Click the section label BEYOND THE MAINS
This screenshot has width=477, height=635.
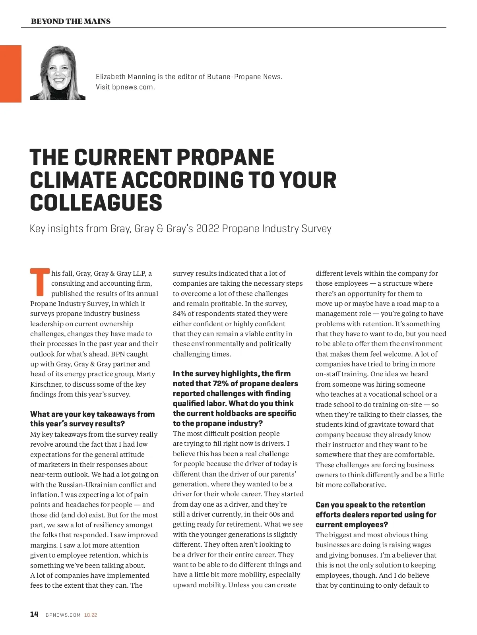pos(71,21)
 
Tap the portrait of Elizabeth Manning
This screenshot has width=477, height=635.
pos(58,73)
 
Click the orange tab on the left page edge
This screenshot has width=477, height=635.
pos(11,74)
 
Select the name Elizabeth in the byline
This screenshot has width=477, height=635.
pos(109,77)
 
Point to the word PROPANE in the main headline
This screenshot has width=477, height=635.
pos(225,157)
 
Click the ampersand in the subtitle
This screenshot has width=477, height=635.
pos(160,229)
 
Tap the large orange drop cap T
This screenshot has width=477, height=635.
pos(39,282)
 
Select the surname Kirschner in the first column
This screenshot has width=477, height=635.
pos(46,384)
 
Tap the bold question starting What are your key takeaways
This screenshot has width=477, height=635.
pos(92,419)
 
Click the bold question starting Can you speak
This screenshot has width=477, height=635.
pos(376,515)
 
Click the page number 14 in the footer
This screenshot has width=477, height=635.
pos(35,614)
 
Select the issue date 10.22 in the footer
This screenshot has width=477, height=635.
pos(91,615)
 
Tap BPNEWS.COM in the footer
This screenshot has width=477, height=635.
pos(63,615)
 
